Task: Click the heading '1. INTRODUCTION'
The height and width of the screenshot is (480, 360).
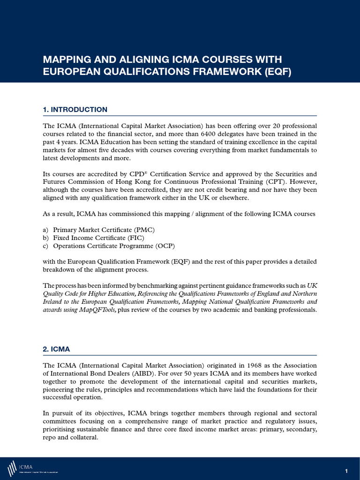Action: click(x=75, y=110)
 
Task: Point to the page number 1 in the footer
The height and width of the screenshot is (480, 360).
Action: click(x=346, y=471)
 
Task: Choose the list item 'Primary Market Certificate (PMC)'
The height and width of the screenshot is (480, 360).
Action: click(x=104, y=230)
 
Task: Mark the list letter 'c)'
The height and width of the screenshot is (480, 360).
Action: click(x=46, y=246)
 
